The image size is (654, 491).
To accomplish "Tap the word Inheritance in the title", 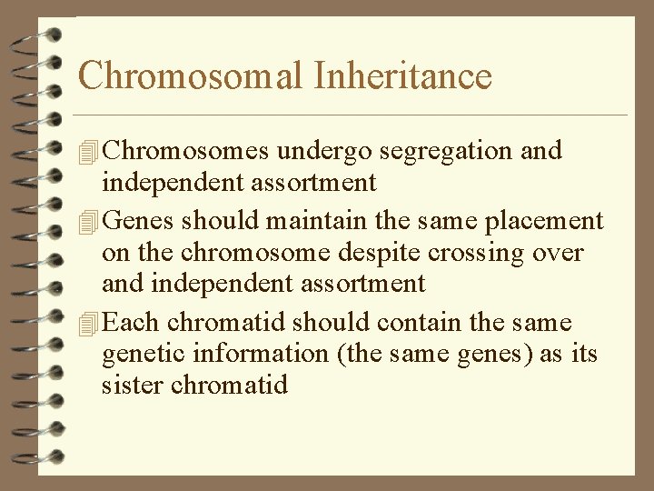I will (x=402, y=75).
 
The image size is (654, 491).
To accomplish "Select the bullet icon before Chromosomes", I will (x=87, y=151).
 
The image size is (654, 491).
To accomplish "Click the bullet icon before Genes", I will (x=87, y=222).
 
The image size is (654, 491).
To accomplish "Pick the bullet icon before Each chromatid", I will (x=87, y=324).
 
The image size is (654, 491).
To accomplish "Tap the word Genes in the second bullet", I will (x=141, y=221).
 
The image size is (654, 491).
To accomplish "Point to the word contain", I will (x=421, y=323).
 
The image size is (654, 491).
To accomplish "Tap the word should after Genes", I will (x=215, y=221).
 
